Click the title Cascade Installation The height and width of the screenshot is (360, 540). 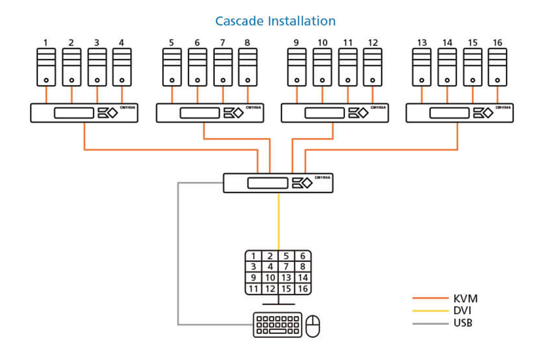click(275, 21)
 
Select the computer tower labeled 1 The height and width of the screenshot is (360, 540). click(46, 67)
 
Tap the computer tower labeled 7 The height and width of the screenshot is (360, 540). click(223, 67)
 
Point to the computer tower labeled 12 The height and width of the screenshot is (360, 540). click(373, 67)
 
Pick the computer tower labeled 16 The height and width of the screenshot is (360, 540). click(498, 67)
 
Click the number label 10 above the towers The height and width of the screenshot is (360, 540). click(322, 42)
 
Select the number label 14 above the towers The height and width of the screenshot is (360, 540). click(447, 42)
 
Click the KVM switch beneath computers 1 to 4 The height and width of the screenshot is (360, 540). click(84, 113)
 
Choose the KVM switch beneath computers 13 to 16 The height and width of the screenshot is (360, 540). click(459, 113)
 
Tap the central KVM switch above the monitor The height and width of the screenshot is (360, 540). click(278, 183)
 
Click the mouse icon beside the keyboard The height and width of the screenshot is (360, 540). click(313, 326)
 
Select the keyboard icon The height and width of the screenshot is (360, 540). click(278, 325)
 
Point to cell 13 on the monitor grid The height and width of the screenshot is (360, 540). click(286, 277)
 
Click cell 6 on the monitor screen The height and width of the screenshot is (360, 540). click(303, 256)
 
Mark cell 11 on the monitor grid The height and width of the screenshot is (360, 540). click(253, 289)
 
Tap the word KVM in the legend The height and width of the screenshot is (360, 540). click(465, 299)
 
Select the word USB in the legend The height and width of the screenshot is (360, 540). click(463, 323)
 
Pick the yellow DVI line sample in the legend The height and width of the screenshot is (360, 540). click(430, 311)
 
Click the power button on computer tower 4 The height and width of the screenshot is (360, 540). click(122, 80)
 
